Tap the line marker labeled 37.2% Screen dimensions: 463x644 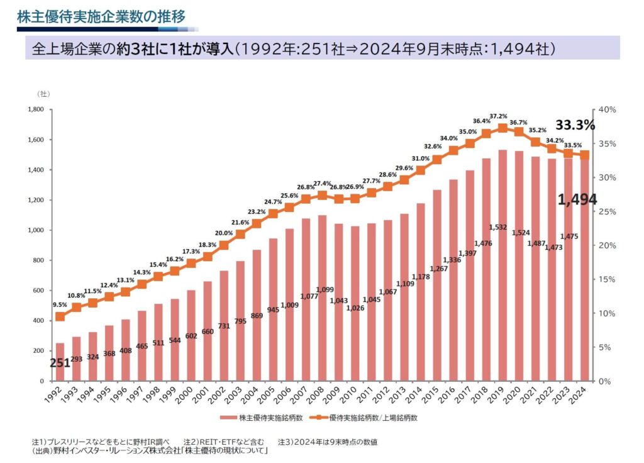coord(502,128)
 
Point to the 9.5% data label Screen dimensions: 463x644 coord(60,304)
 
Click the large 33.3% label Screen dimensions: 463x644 coord(575,125)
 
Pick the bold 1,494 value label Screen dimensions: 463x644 coord(577,200)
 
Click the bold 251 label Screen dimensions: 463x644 coord(60,363)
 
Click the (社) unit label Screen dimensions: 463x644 coord(45,94)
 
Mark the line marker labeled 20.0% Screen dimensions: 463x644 coord(223,245)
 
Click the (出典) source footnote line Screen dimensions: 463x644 coord(150,452)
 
